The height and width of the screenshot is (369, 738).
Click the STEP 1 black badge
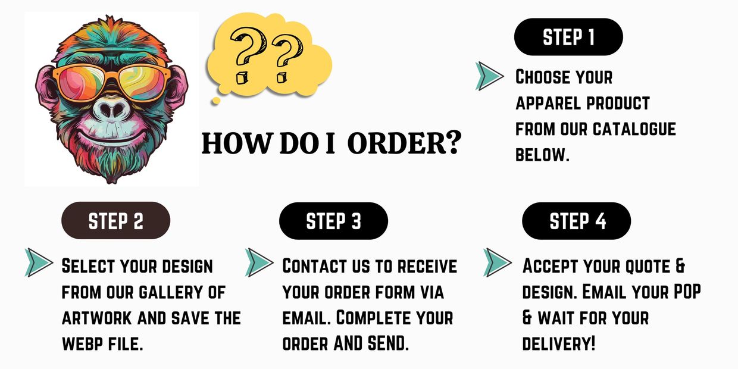pos(568,37)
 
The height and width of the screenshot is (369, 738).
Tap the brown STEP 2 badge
pos(116,221)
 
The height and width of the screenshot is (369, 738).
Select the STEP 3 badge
pos(333,221)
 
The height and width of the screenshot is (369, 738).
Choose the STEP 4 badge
pos(577,221)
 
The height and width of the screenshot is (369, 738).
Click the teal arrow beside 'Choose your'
pos(490,76)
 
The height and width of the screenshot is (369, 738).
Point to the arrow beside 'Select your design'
pos(39,262)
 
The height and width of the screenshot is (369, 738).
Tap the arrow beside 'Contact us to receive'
pos(259,262)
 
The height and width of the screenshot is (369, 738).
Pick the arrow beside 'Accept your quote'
pos(498,262)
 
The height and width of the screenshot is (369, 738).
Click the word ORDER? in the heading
pos(404,144)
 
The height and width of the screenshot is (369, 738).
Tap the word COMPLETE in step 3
pos(372,318)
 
